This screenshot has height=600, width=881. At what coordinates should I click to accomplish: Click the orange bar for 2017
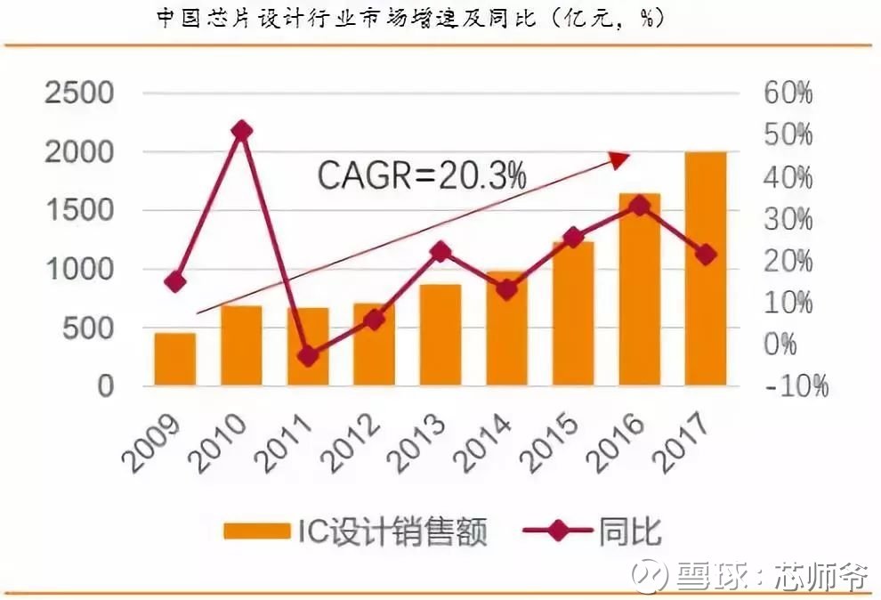(705, 269)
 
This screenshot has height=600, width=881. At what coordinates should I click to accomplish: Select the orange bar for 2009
(175, 360)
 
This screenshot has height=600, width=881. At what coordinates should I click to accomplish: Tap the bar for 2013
(440, 336)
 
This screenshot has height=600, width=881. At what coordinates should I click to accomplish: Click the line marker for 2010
(241, 132)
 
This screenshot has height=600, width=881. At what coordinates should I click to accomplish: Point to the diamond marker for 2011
(308, 356)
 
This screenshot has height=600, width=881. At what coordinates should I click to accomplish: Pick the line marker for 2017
(705, 255)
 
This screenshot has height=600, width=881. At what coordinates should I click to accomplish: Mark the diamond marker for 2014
(507, 289)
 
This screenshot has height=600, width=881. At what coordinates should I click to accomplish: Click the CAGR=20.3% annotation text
(422, 175)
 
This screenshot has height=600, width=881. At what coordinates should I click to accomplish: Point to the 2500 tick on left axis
(79, 93)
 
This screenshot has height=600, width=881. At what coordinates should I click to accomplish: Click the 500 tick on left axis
(88, 328)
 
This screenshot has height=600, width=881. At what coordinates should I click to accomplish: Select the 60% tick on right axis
(788, 93)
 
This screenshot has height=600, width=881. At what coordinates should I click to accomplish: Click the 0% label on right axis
(780, 345)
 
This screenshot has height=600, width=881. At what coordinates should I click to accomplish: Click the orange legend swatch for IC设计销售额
(257, 531)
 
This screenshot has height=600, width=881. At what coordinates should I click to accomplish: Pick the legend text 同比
(630, 531)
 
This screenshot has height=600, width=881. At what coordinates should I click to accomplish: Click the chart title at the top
(411, 18)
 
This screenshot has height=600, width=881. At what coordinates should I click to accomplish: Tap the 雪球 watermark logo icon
(650, 575)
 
